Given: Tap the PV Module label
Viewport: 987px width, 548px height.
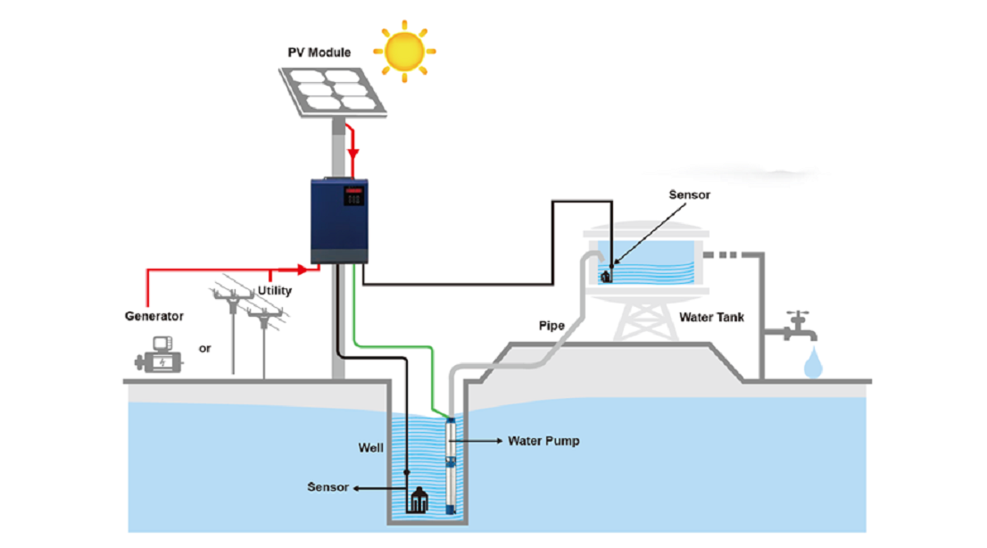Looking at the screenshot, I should [x=319, y=53].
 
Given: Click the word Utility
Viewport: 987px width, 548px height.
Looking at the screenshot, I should [x=275, y=291].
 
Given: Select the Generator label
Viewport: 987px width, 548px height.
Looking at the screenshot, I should [x=154, y=316].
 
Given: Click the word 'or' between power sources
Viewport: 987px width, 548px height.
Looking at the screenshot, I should [x=205, y=348].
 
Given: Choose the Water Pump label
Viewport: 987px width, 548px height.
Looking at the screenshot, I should [x=543, y=441].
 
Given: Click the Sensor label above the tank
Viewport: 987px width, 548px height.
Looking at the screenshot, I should [x=690, y=195].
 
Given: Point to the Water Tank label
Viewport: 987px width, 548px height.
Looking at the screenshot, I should [x=713, y=317].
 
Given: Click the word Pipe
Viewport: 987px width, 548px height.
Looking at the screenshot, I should [x=551, y=326].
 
